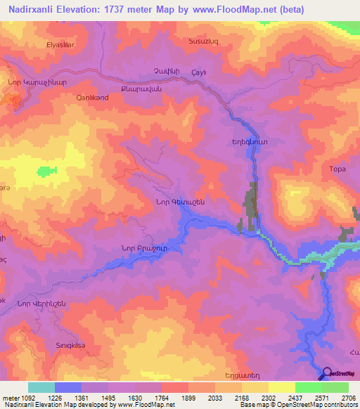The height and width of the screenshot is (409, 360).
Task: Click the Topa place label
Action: [328, 169]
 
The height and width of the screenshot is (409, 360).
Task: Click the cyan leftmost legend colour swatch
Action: [41, 387]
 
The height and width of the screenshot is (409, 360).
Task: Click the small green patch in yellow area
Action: [47, 171]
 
